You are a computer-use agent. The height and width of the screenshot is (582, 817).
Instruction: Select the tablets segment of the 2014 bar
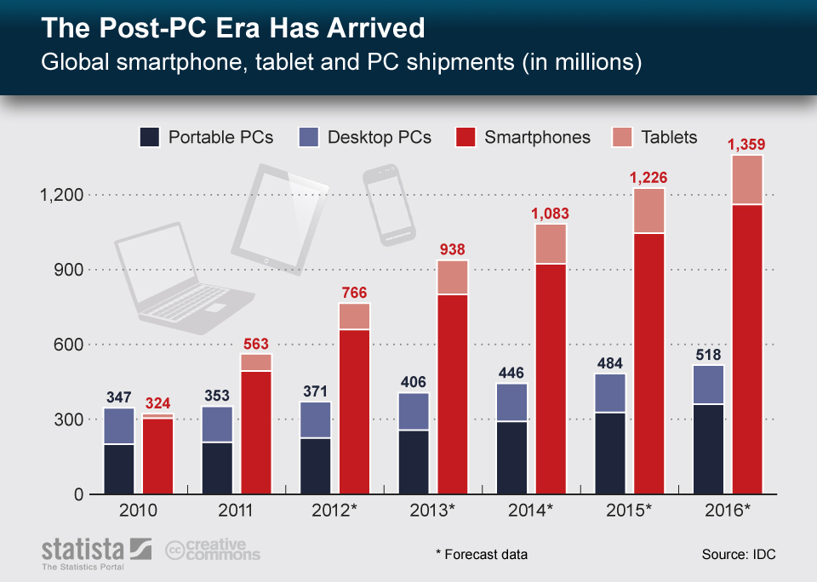tap(551, 244)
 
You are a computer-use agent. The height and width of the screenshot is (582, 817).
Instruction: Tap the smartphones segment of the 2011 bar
tap(256, 431)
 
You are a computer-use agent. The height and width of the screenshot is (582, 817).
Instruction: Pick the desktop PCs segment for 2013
tap(413, 412)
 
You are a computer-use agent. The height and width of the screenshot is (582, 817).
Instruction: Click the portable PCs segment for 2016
tap(709, 449)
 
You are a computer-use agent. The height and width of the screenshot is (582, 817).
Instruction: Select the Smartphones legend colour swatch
tap(466, 137)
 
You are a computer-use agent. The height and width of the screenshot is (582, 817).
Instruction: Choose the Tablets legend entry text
tap(669, 137)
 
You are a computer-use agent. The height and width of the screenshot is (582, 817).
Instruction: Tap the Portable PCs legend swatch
tap(149, 137)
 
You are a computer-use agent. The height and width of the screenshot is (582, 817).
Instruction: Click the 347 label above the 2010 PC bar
tap(118, 397)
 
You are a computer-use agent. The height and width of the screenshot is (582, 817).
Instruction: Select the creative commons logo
tap(213, 551)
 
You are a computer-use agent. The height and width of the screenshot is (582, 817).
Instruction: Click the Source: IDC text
tap(738, 554)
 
